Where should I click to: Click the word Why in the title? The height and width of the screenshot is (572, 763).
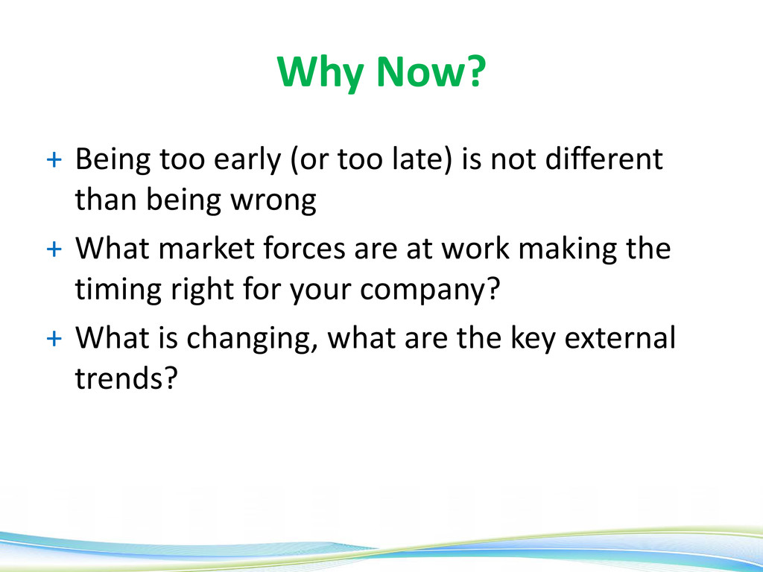tap(320, 73)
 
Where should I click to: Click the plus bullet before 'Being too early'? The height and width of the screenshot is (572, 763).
tap(54, 159)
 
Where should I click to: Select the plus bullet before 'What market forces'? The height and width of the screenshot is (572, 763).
tap(54, 249)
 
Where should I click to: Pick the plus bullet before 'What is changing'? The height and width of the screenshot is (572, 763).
tap(54, 338)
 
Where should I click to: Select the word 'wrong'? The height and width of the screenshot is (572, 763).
tap(273, 202)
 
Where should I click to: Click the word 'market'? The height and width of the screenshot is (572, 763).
tap(206, 248)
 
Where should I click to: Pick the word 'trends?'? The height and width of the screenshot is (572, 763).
tap(126, 378)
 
